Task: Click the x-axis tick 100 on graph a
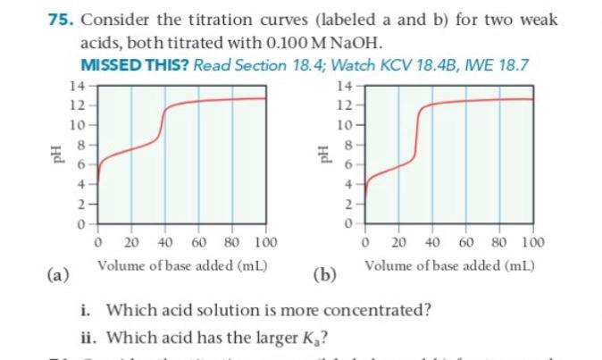pyautogui.click(x=265, y=242)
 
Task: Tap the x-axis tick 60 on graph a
pyautogui.click(x=198, y=242)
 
